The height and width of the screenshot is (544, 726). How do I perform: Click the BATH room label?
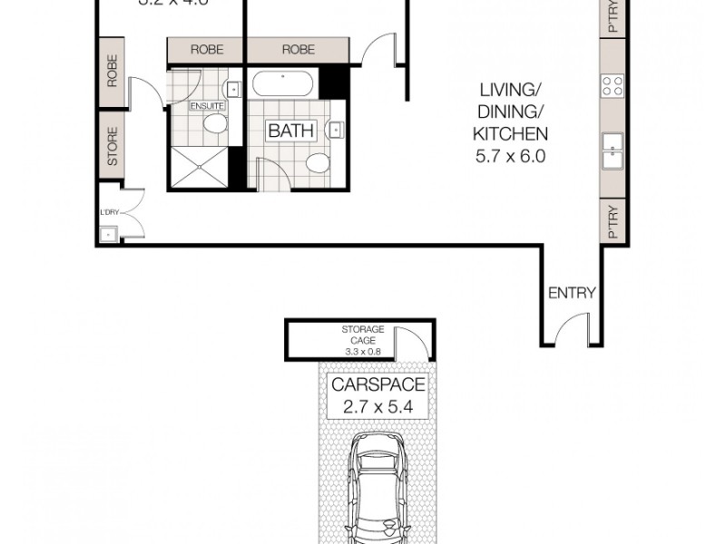coord(290,131)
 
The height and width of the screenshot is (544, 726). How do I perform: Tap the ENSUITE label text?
coord(206,107)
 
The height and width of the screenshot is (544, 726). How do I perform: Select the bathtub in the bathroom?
coord(283,86)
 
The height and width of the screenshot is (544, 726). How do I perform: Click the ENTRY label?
coord(572,293)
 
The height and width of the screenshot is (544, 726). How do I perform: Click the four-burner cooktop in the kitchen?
coord(613,86)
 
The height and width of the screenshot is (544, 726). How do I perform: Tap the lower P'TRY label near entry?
coord(613,220)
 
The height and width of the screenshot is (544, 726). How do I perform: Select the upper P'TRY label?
coord(613,16)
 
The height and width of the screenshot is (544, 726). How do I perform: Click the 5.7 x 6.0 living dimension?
coord(510,155)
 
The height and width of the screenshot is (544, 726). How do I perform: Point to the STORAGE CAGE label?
coord(363,335)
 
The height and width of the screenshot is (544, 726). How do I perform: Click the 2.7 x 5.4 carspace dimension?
coord(378,408)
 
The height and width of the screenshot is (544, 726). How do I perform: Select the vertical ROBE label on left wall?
coord(113,71)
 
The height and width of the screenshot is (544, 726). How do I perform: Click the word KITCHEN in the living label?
coord(510,133)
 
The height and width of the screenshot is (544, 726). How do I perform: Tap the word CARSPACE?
coord(378,384)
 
